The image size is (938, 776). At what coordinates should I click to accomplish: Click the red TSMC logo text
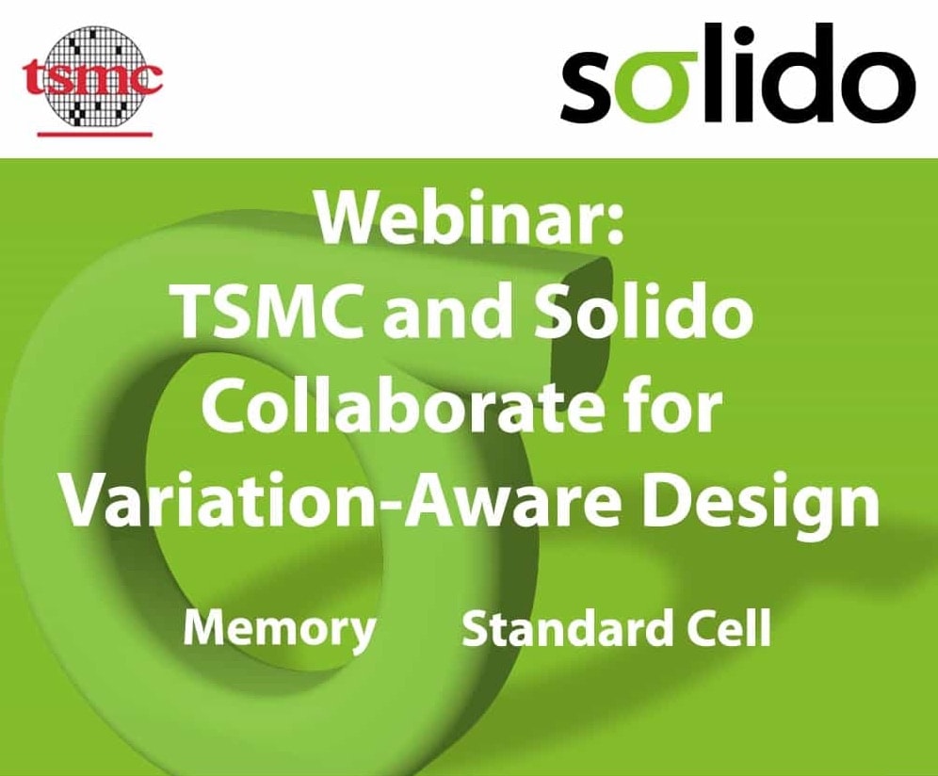coord(92,78)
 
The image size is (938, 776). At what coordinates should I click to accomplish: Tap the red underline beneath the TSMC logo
coord(95,134)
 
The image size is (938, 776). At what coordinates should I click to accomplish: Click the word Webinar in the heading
coord(452,219)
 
